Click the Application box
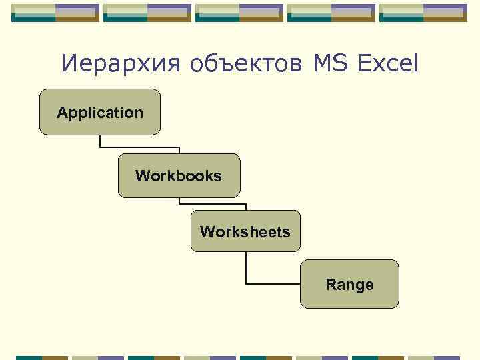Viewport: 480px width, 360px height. (x=100, y=112)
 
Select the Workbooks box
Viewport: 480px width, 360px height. (x=179, y=175)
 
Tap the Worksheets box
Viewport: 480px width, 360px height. (x=245, y=231)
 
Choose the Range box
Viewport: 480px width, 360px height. (x=349, y=284)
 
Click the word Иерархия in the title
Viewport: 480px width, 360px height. (x=120, y=64)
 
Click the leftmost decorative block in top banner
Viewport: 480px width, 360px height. (x=55, y=13)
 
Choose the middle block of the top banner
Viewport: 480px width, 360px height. (x=239, y=13)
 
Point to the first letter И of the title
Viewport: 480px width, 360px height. (x=69, y=64)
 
